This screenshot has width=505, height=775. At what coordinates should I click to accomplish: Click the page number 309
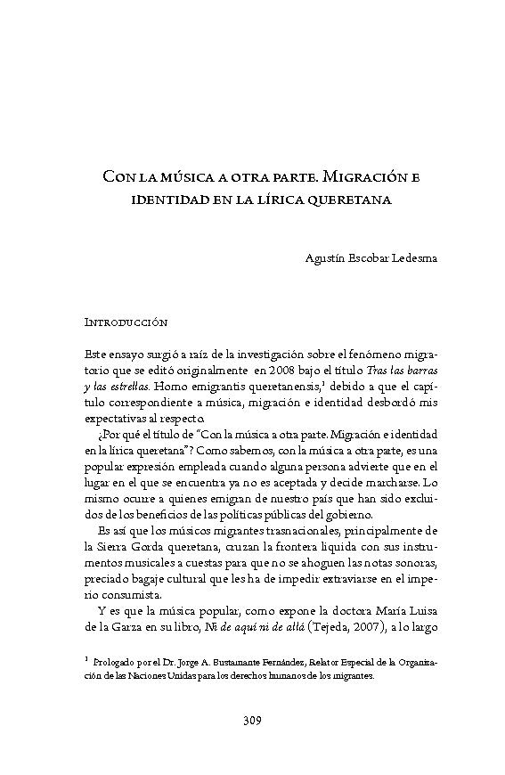[x=252, y=720]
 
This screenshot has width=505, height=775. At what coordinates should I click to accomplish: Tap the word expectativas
[x=115, y=417]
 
